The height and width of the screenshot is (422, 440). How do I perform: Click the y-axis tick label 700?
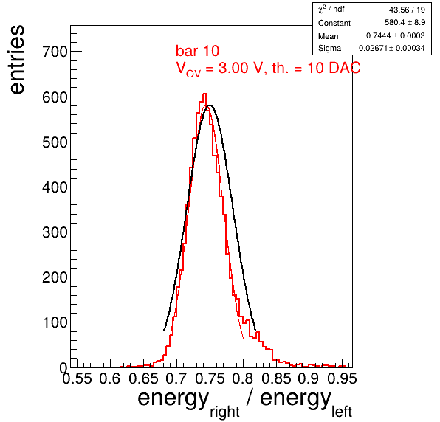(x=55, y=52)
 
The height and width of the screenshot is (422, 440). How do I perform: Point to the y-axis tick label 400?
(x=55, y=187)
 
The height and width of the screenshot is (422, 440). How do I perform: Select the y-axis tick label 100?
(x=55, y=322)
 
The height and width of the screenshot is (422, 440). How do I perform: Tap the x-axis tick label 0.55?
(x=77, y=378)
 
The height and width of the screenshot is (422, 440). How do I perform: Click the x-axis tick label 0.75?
(x=210, y=378)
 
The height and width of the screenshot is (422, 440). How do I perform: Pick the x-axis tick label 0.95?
(x=343, y=378)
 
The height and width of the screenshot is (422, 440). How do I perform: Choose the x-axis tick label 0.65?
(x=143, y=378)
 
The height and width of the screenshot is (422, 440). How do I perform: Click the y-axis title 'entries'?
(x=17, y=60)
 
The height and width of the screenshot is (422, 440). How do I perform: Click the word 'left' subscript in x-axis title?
(x=342, y=412)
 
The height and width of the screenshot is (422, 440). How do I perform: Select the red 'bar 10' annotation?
(x=198, y=51)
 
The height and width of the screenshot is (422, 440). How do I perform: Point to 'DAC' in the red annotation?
(x=345, y=68)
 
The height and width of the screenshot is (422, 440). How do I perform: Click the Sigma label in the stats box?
(x=329, y=48)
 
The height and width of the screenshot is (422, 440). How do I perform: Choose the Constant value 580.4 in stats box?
(x=393, y=22)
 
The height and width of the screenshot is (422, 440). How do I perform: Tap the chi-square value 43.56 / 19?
(x=407, y=10)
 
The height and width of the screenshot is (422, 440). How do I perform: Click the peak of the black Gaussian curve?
(x=210, y=106)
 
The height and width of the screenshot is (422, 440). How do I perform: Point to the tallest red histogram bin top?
(x=204, y=94)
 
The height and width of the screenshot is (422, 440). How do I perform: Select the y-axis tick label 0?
(x=63, y=367)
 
